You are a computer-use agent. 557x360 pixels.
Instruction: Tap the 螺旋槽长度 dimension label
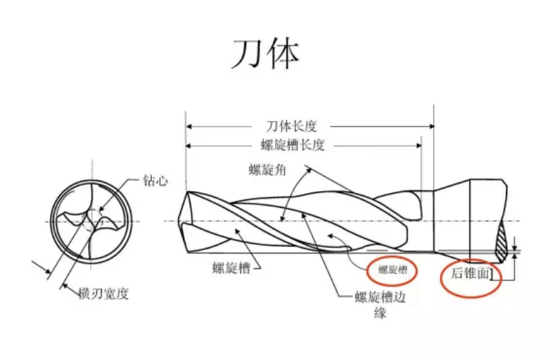[x=292, y=145]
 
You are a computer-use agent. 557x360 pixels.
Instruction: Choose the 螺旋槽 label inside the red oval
[x=392, y=270]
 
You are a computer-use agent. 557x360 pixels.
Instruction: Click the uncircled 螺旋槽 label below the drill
[x=229, y=267]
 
